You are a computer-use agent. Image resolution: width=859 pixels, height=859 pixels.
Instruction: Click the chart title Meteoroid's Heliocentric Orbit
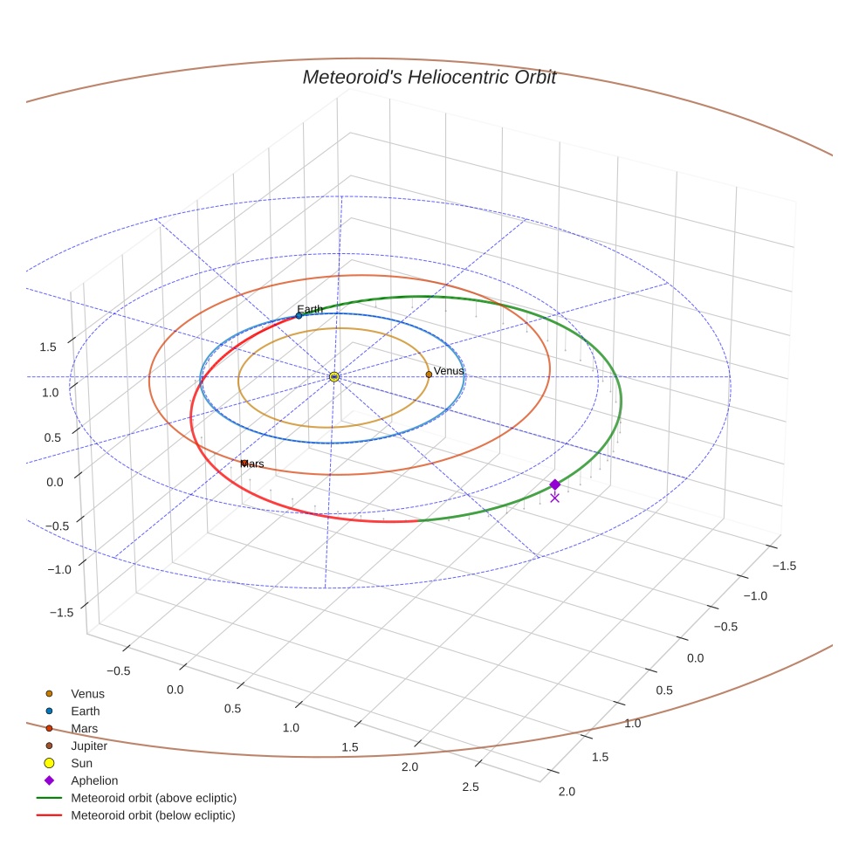point(429,77)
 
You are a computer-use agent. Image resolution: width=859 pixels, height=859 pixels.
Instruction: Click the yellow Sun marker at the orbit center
point(334,377)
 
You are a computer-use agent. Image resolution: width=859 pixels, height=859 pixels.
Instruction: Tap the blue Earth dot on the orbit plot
point(299,315)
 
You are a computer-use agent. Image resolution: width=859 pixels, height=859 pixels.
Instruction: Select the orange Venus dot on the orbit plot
point(429,375)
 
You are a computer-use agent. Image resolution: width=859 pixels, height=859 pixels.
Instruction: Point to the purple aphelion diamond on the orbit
point(555,484)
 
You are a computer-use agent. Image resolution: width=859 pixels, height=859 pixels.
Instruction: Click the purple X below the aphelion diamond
point(555,498)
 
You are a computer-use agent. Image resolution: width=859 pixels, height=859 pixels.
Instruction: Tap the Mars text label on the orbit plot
point(252,464)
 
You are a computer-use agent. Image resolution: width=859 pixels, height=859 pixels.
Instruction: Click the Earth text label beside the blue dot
point(310,309)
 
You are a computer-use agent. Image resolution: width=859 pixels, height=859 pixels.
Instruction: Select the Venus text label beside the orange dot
point(449,371)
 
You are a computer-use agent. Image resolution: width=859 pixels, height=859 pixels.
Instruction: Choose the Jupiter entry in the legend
point(89,746)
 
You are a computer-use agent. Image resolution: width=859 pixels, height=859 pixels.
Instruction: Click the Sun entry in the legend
point(82,763)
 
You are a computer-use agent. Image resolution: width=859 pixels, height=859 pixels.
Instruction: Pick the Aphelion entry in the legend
point(94,780)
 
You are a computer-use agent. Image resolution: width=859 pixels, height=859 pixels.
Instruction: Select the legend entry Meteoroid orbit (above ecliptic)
point(154,798)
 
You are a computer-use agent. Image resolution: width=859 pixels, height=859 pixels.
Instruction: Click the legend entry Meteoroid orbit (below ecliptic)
point(153,815)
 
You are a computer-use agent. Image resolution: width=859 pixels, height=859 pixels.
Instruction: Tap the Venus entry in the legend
point(87,693)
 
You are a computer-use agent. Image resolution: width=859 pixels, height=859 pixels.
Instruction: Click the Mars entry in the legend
point(85,729)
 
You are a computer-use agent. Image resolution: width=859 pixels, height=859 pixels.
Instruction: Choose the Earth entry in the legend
point(86,711)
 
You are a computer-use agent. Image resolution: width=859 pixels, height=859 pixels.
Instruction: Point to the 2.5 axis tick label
point(471,787)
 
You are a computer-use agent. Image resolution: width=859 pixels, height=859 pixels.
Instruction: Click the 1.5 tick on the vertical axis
point(48,347)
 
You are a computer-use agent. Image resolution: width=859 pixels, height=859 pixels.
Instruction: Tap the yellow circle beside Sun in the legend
point(49,763)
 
